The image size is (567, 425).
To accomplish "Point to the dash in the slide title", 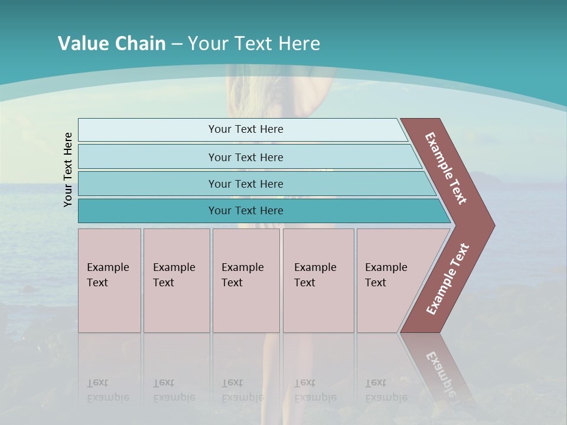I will (x=177, y=44).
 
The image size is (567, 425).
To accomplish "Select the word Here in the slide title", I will (x=298, y=44).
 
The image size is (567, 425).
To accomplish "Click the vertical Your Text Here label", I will (x=68, y=170).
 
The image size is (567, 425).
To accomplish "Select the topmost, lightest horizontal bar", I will (x=245, y=129).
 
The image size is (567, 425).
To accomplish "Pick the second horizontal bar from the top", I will (x=245, y=157).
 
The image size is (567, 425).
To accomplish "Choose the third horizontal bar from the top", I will (x=245, y=184).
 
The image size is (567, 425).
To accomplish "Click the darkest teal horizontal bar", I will (x=245, y=211).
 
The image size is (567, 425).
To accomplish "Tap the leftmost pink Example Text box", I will (x=109, y=280).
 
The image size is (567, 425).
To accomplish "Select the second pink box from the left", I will (x=176, y=280).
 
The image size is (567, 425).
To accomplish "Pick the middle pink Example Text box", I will (x=246, y=280).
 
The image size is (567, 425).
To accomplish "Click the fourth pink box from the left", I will (x=318, y=280).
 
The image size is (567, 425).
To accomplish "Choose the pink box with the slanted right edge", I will (x=393, y=280).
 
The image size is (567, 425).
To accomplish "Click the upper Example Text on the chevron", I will (x=446, y=168).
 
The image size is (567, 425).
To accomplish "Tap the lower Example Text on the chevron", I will (x=448, y=279).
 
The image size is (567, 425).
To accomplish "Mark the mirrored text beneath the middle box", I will (x=242, y=390).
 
